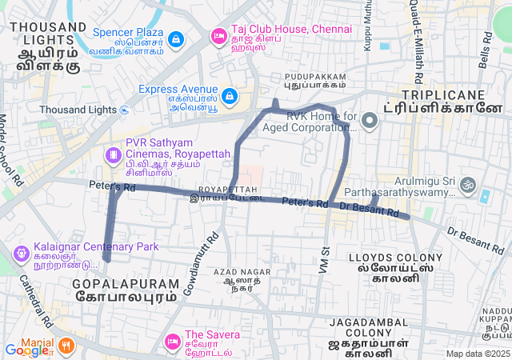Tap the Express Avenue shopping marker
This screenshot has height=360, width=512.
pos(230,96)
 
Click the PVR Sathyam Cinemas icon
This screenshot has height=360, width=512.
pos(114,153)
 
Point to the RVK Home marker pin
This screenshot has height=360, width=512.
pos(370,122)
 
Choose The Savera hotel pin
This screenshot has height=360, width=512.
pos(171,342)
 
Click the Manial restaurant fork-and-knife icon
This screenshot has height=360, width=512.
pos(66,346)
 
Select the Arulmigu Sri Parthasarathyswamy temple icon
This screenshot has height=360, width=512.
pos(470,187)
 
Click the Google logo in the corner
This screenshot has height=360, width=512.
pos(28,350)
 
